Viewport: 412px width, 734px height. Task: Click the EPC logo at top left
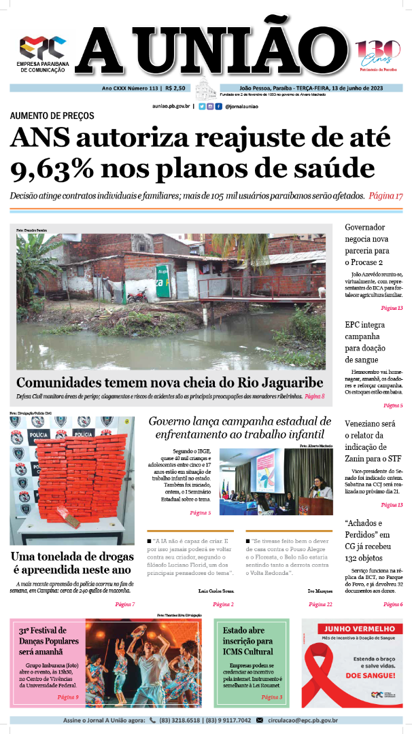click(x=42, y=48)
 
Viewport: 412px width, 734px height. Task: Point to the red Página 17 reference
click(x=386, y=195)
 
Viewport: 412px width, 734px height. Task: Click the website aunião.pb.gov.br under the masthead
click(x=172, y=107)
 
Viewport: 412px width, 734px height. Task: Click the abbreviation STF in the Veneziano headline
click(x=396, y=459)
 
